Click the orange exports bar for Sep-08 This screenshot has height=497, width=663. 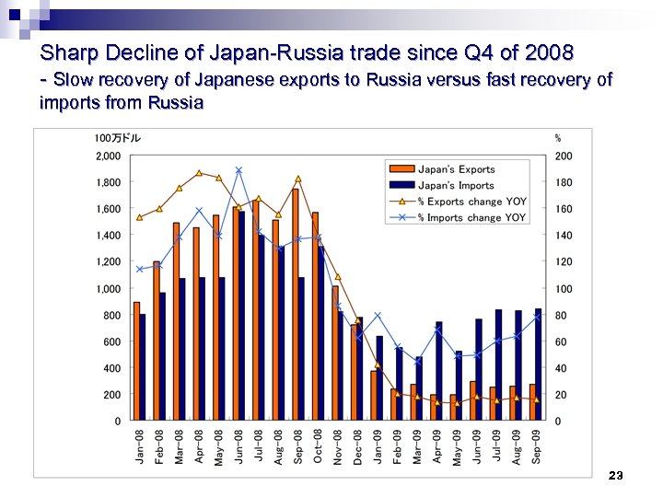coord(295,305)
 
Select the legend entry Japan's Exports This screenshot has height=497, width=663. coord(456,169)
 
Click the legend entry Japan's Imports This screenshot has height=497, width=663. coord(456,185)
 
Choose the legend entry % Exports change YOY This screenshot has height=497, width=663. coord(471,202)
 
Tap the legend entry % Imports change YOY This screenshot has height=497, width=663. coord(471,218)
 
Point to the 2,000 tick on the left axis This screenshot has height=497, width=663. coord(108,156)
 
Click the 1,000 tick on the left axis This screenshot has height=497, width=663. coord(108,289)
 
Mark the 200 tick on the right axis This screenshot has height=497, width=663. coord(563,156)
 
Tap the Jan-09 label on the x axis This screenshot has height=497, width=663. coord(378,446)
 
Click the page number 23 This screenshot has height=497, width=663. coord(616,475)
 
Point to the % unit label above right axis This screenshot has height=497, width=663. coord(558,138)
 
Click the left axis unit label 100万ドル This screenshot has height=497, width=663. coord(117,138)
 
